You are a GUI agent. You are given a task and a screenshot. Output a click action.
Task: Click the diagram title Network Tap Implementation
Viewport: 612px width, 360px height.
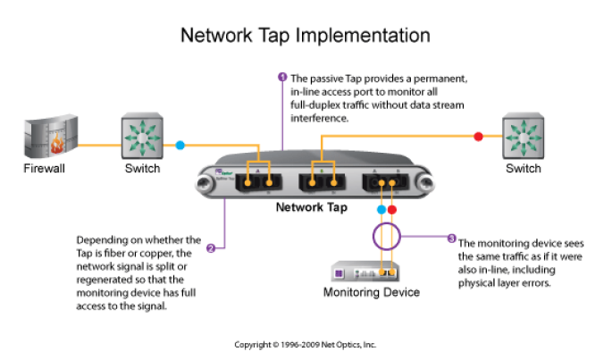click(306, 35)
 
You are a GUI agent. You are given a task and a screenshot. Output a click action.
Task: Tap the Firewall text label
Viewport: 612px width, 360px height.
click(44, 168)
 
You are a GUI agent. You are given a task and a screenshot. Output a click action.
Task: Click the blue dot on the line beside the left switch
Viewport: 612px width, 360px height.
click(180, 144)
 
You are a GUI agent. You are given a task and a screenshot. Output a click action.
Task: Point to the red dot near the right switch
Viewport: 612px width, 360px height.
click(478, 136)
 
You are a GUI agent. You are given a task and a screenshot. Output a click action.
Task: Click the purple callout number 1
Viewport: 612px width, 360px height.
click(283, 77)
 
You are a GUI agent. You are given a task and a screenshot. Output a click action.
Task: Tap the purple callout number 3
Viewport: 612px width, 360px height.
click(451, 239)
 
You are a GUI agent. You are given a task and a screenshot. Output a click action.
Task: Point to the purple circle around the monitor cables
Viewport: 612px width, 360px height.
click(385, 238)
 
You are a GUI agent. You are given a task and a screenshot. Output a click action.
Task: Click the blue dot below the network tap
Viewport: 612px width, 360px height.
click(382, 211)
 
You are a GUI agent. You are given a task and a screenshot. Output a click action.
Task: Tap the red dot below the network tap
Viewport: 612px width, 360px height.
click(392, 211)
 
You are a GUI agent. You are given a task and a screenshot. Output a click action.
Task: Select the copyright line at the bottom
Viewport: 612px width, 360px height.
click(306, 344)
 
